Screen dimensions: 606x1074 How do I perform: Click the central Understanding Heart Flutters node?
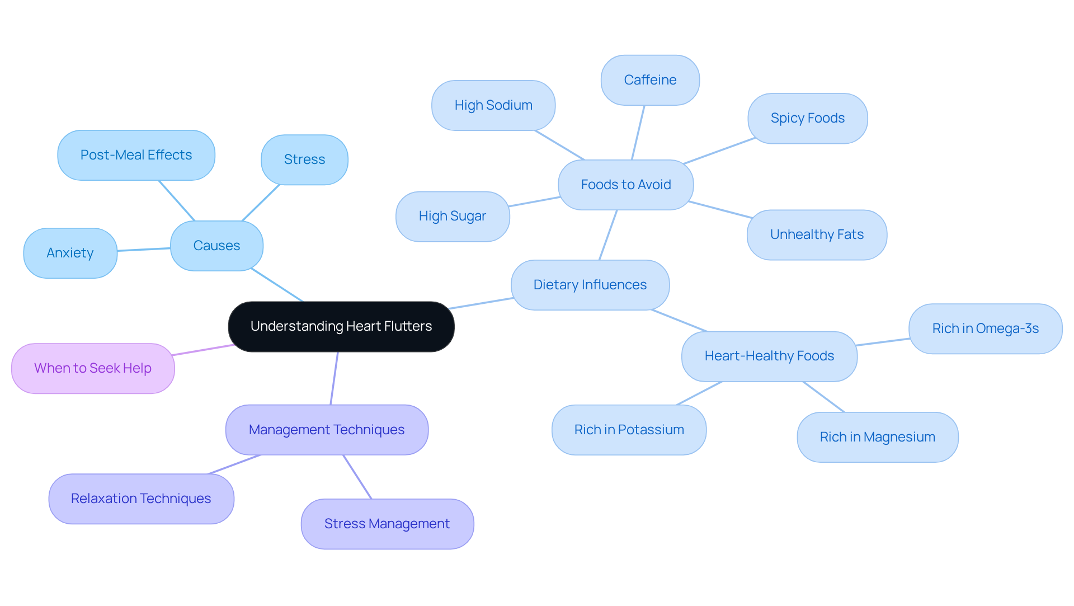coord(341,326)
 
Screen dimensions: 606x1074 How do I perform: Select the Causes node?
coord(216,246)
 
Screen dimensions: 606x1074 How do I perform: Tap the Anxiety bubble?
coord(70,253)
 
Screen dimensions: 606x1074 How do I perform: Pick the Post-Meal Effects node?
coord(136,155)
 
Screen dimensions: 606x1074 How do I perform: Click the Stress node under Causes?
coord(304,159)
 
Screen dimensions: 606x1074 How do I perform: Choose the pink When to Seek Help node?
coord(93,368)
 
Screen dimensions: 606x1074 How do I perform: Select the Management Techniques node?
coord(327,430)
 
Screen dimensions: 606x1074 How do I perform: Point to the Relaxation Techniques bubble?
coord(141,499)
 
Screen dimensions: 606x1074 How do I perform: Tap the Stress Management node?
coord(387,524)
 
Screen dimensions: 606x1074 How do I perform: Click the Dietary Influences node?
coord(590,285)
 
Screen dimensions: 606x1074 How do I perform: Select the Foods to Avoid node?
coord(625,185)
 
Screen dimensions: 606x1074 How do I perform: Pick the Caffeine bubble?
coord(650,80)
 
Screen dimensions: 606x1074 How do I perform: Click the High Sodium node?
coord(493,105)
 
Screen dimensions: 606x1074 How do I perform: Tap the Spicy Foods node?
coord(807,118)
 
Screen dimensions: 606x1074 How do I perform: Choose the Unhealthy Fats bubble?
coord(817,234)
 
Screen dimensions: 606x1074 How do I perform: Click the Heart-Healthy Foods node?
coord(769,356)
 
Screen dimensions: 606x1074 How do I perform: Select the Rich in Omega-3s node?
coord(985,328)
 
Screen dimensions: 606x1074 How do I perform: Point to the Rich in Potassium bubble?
coord(629,430)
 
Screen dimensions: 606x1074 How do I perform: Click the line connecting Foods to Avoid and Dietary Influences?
coord(608,235)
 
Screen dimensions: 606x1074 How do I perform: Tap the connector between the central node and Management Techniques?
coord(334,378)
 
